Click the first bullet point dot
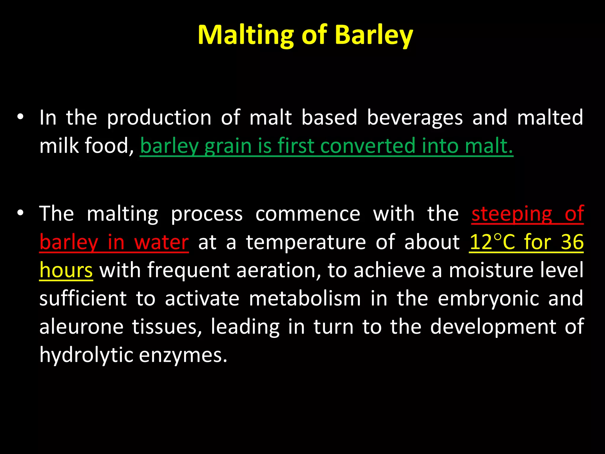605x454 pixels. [20, 117]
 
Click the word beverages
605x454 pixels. [414, 118]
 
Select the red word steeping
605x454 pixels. [512, 213]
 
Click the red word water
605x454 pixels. [161, 242]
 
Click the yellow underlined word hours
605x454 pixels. [66, 270]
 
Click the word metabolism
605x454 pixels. [305, 299]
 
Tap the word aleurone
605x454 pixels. [81, 327]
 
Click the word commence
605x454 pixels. [308, 213]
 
